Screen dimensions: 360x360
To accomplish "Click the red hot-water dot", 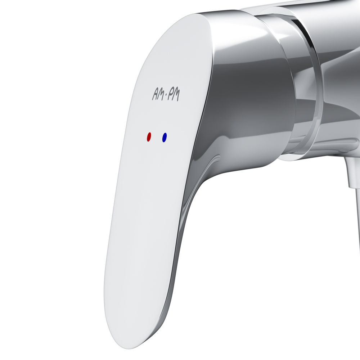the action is click(x=149, y=137).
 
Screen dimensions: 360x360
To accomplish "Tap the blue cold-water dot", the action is click(x=165, y=137).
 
